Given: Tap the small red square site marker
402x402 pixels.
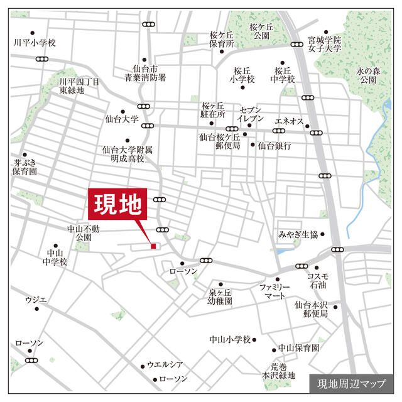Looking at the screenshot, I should click(153, 246).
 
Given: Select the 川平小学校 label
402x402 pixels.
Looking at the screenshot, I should click(35, 43).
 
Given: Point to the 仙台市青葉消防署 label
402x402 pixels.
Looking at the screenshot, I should click(144, 73).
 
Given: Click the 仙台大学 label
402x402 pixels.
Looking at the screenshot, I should click(121, 118).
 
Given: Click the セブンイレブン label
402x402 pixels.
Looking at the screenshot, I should click(254, 114).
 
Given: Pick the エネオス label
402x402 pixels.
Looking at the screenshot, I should click(290, 121).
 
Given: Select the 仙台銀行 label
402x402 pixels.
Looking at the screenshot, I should click(274, 145).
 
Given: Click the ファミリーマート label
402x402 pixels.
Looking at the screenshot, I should click(274, 291).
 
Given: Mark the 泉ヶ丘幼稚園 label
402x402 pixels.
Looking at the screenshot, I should click(220, 296).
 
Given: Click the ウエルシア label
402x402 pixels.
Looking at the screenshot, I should click(165, 364).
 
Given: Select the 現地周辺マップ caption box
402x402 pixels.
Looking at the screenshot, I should click(352, 383).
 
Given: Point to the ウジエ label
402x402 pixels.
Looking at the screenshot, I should click(36, 300).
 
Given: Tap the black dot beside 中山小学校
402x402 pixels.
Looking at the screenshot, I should click(254, 339).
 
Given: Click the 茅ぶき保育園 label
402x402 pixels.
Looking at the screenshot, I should click(25, 166).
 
